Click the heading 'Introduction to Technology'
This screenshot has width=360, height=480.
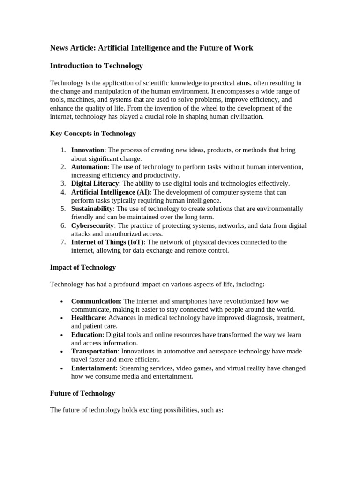[96, 66]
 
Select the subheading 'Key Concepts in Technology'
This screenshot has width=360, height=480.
[93, 134]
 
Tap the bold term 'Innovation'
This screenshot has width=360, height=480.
[88, 150]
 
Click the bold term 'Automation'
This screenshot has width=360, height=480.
[90, 167]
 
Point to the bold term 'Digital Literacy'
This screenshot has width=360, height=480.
[95, 183]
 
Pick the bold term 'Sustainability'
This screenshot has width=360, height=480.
[92, 209]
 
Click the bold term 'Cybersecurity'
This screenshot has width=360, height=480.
[93, 225]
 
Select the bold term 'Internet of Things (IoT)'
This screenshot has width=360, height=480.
[108, 242]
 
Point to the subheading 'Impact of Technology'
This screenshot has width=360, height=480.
[82, 268]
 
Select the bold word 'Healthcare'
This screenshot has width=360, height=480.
[88, 318]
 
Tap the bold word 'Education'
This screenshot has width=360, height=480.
[87, 335]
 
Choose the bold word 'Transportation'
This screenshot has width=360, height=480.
[94, 351]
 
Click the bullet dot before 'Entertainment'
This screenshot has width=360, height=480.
[62, 369]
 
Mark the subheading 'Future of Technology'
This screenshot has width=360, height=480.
[82, 393]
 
